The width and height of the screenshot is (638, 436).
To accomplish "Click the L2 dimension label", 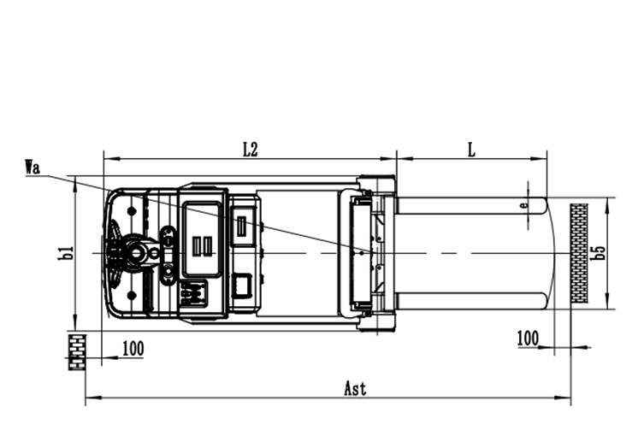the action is tap(251, 150).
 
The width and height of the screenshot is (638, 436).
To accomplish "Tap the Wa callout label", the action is tap(32, 168).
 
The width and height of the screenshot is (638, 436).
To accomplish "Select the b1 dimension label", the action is tap(66, 253).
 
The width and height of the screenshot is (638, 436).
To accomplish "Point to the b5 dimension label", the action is tap(600, 252).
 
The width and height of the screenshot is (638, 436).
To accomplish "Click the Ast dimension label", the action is tap(355, 388).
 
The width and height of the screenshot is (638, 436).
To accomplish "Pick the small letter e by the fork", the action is tap(525, 205).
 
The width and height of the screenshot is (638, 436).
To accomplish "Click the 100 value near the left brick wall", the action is tap(133, 349).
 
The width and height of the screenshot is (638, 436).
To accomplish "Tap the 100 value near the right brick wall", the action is tap(528, 338).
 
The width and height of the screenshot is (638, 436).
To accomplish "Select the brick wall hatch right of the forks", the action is tap(579, 253).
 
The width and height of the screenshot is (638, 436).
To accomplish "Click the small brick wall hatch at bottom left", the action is tap(76, 352).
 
